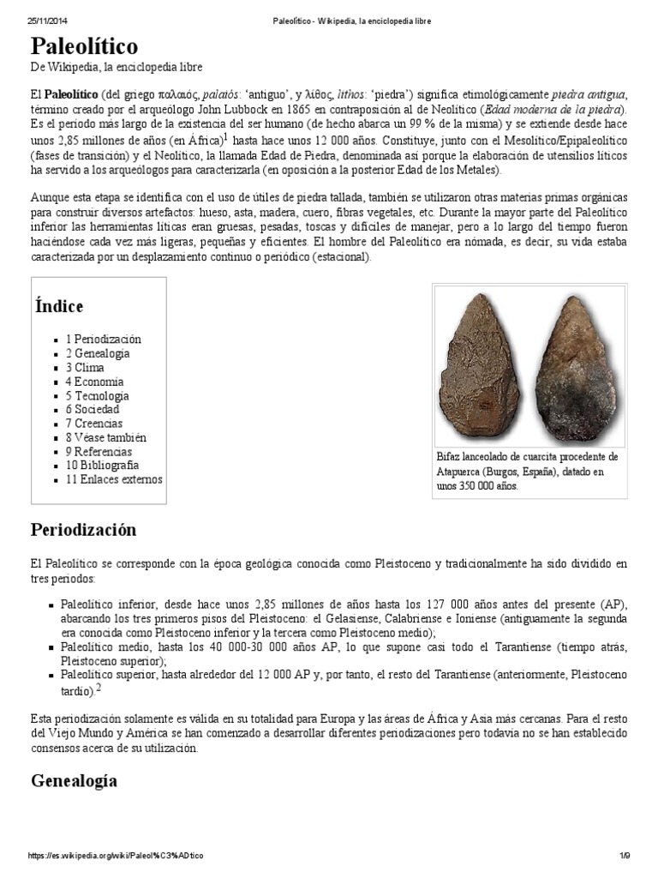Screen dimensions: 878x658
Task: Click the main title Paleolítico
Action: click(84, 45)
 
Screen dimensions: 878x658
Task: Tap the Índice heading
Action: click(59, 306)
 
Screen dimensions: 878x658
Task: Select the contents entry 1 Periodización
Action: click(103, 340)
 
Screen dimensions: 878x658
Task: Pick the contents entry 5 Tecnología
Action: click(97, 395)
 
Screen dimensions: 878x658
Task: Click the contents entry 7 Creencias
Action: click(93, 424)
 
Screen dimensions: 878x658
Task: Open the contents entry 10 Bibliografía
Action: click(102, 465)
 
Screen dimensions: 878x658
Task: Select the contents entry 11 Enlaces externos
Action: click(113, 479)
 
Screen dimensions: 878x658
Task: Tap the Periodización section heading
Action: click(83, 529)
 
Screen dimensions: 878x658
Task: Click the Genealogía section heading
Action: click(74, 780)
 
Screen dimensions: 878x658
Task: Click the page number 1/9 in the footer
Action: click(625, 856)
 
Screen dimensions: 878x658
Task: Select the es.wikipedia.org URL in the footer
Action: click(116, 856)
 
